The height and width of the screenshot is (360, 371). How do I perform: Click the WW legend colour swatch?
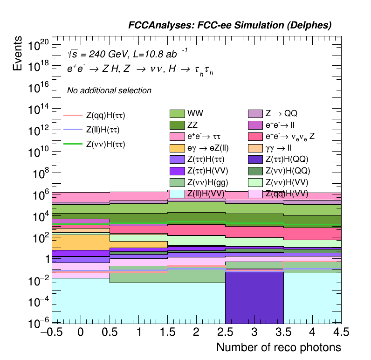click(x=177, y=113)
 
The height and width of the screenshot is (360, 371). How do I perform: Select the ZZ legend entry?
click(x=177, y=125)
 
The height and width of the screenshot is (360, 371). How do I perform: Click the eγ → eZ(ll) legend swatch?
click(x=177, y=148)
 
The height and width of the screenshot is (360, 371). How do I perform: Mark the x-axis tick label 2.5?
click(x=225, y=332)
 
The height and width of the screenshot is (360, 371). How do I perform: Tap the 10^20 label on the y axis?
click(x=38, y=46)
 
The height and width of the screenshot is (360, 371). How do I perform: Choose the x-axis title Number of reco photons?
click(x=278, y=348)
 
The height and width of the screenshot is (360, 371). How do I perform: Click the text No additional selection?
click(x=109, y=90)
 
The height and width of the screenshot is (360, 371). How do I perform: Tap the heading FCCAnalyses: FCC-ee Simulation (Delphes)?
click(x=230, y=26)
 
